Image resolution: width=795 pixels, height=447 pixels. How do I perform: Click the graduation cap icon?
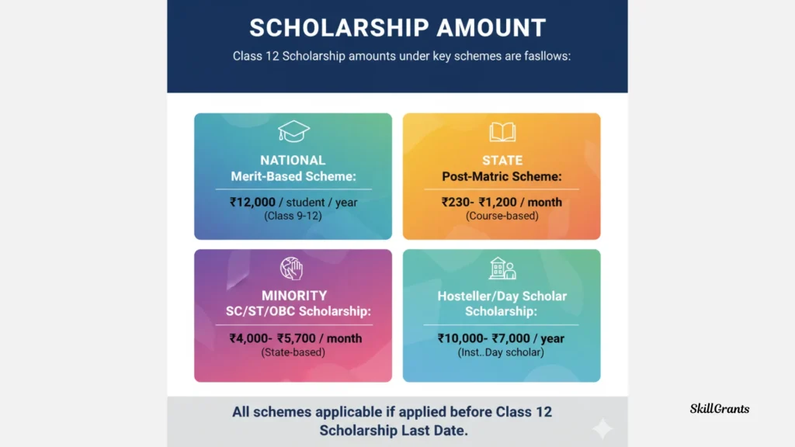293,131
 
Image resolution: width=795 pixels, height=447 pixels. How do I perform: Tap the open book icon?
502,131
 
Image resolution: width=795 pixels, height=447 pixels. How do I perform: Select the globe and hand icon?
292,269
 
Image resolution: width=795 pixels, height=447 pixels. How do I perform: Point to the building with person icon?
502,269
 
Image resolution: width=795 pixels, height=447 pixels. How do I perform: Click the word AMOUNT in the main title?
491,28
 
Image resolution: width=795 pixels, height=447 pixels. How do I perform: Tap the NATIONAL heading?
293,161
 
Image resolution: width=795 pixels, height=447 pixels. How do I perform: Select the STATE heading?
502,161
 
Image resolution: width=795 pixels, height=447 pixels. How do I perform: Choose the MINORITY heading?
293,296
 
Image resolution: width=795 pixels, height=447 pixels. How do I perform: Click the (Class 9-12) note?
293,216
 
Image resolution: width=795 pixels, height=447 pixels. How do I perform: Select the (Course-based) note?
502,216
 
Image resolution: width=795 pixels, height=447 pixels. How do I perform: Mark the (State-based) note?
293,352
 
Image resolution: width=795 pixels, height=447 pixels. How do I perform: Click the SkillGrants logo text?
720,408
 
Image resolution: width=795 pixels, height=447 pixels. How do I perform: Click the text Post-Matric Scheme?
502,176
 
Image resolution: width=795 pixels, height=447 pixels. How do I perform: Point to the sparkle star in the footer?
602,428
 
